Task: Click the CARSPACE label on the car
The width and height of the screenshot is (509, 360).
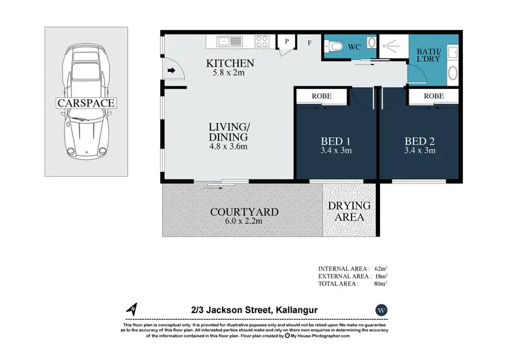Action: coord(86,103)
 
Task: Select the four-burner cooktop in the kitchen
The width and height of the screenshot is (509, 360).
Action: coord(263,41)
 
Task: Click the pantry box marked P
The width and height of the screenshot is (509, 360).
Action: coord(286,42)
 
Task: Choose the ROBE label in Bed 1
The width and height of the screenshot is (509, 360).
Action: coord(322,96)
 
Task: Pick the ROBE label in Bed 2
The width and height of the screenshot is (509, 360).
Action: coord(434,96)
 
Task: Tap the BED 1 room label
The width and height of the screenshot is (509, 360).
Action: coord(335,141)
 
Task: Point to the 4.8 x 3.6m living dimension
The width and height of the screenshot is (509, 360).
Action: coord(227,146)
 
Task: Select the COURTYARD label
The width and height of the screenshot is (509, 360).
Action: coord(244,212)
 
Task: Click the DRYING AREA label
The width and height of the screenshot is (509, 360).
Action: coord(350,211)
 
